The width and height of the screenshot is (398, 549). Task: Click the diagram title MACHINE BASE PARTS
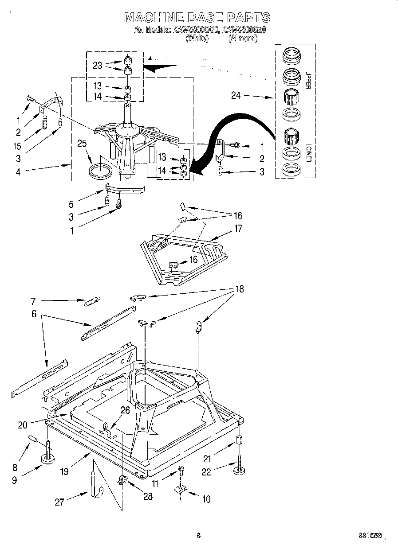pyautogui.click(x=197, y=17)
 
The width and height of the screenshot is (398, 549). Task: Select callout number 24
pyautogui.click(x=236, y=95)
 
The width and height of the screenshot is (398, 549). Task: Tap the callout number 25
pyautogui.click(x=81, y=144)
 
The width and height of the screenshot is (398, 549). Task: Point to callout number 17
pyautogui.click(x=238, y=229)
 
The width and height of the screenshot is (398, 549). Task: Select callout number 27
pyautogui.click(x=59, y=502)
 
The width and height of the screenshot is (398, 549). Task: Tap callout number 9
pyautogui.click(x=15, y=480)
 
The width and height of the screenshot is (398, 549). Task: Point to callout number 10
pyautogui.click(x=206, y=499)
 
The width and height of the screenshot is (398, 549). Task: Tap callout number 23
pyautogui.click(x=98, y=65)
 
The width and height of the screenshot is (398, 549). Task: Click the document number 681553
pyautogui.click(x=370, y=535)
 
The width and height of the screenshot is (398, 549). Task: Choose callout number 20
pyautogui.click(x=22, y=425)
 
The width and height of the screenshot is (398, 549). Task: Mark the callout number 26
pyautogui.click(x=125, y=411)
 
